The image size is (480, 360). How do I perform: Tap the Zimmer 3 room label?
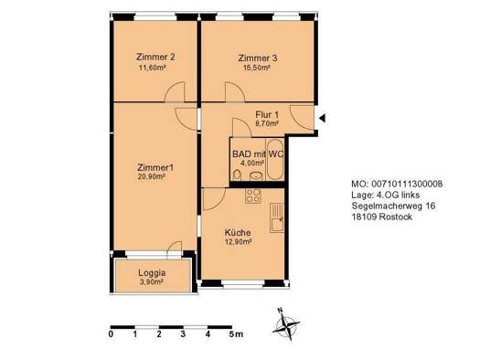[255, 58]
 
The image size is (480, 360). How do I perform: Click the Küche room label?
[238, 233]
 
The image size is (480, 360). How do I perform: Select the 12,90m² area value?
[238, 243]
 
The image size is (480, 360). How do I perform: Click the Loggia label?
[152, 272]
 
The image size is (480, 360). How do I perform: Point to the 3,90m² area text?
[152, 282]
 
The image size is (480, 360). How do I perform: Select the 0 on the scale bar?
[111, 335]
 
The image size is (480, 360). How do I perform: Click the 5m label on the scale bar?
[235, 335]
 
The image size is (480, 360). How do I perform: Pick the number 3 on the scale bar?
[184, 335]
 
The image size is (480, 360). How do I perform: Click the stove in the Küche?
[252, 196]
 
